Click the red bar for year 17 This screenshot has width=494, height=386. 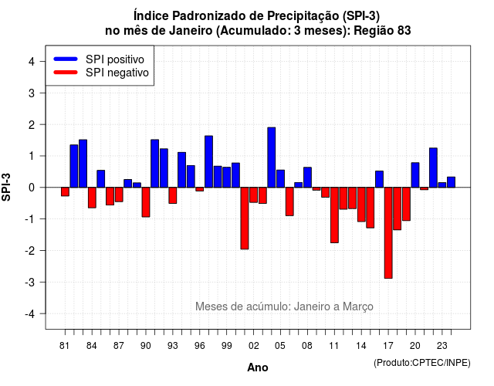coord(388,233)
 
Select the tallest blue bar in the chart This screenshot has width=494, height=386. coord(272,157)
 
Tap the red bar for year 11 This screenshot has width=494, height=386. coord(334,215)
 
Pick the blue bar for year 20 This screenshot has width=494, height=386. coord(415,175)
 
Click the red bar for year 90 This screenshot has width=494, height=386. coord(146,202)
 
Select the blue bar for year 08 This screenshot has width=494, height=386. coord(307,178)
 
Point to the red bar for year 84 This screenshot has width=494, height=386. coord(92,198)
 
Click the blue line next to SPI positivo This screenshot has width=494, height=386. coord(66,59)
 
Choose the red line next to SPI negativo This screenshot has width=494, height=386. coord(66,72)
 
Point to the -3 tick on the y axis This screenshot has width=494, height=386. coord(43,282)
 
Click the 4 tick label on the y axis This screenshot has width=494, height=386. coord(32,62)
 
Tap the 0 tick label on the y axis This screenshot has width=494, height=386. coord(32,188)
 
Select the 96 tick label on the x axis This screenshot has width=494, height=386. coord(200,346)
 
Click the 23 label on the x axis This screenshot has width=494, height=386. coord(442,346)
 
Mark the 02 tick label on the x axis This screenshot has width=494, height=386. coord(254,346)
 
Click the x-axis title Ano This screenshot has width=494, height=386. coord(258,367)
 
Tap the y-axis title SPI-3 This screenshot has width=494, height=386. coord(6,187)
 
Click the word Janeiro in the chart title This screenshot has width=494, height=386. coord(191,31)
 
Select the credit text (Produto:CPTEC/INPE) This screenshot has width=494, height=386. coord(422,363)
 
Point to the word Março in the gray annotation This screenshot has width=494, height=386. coord(358,306)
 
